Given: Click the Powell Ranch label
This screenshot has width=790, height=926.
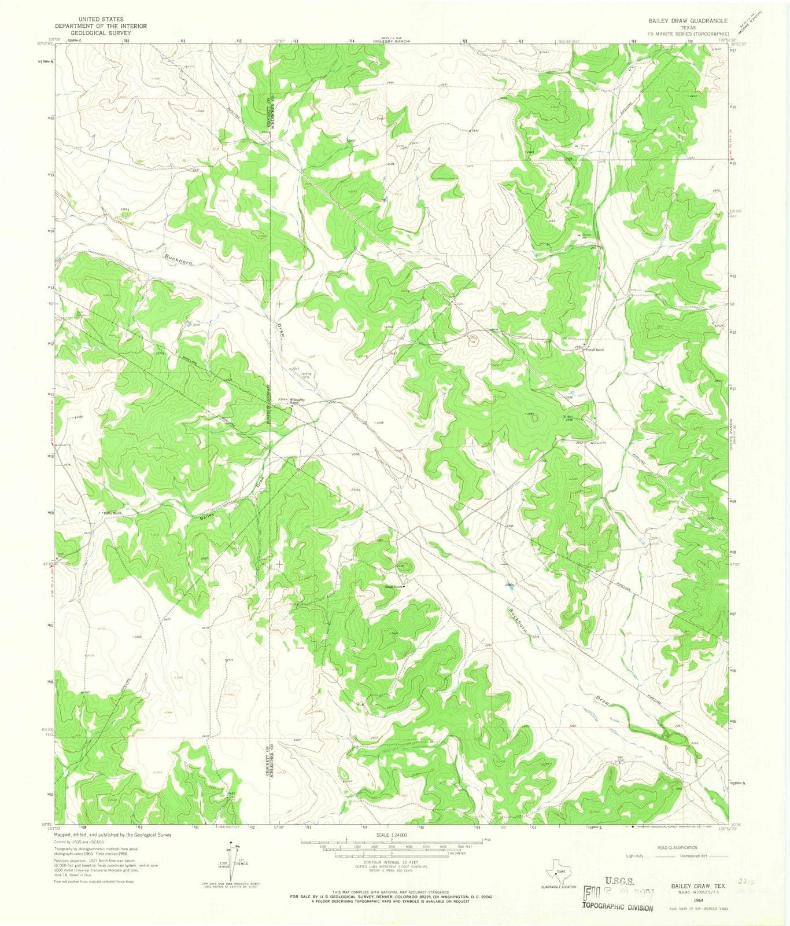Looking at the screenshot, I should (596, 350).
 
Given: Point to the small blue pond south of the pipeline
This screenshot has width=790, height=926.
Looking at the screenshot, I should (509, 585).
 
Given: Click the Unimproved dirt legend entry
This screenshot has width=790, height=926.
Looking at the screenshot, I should (693, 855).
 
